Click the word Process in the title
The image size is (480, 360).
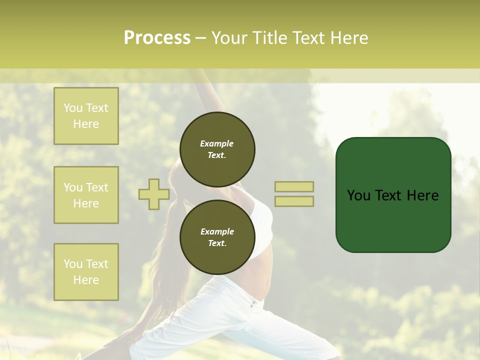click(157, 38)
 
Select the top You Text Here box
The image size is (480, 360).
click(86, 116)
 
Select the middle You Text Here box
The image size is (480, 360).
click(86, 195)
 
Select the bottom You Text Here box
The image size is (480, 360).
click(86, 272)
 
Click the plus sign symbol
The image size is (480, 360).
click(154, 194)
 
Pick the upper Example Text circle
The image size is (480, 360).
click(217, 149)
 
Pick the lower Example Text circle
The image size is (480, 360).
click(217, 237)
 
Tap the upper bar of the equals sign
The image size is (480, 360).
click(294, 186)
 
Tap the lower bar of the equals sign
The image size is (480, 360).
click(294, 201)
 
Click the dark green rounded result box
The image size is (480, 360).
click(393, 220)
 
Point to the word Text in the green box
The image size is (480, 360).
click(388, 195)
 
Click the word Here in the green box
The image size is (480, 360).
click(423, 195)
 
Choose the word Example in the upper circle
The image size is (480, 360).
click(217, 143)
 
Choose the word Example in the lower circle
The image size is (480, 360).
click(217, 231)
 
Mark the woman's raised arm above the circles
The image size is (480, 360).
click(210, 92)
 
